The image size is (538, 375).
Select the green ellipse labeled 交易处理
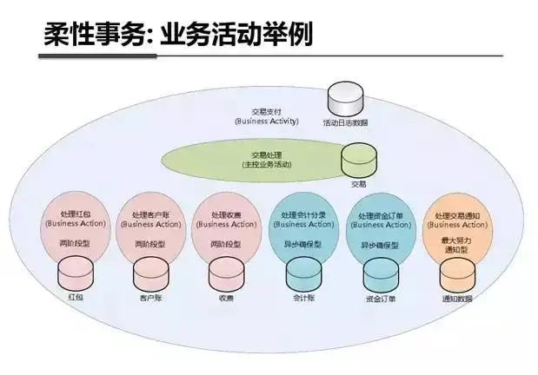point(261,159)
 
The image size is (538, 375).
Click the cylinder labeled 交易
point(358,161)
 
